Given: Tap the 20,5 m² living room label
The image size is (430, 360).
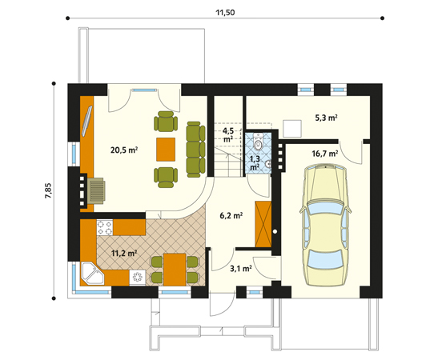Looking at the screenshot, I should pyautogui.click(x=124, y=149).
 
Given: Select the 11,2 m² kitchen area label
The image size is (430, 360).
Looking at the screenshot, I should pyautogui.click(x=123, y=253).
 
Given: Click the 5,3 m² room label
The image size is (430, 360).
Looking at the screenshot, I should pyautogui.click(x=326, y=118).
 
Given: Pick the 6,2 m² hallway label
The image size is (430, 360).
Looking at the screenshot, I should pyautogui.click(x=231, y=215).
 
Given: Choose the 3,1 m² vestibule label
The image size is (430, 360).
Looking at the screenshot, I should pyautogui.click(x=241, y=269).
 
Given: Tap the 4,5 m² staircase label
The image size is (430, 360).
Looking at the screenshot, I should pyautogui.click(x=228, y=134).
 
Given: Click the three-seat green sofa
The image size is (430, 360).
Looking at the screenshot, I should pyautogui.click(x=194, y=148).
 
